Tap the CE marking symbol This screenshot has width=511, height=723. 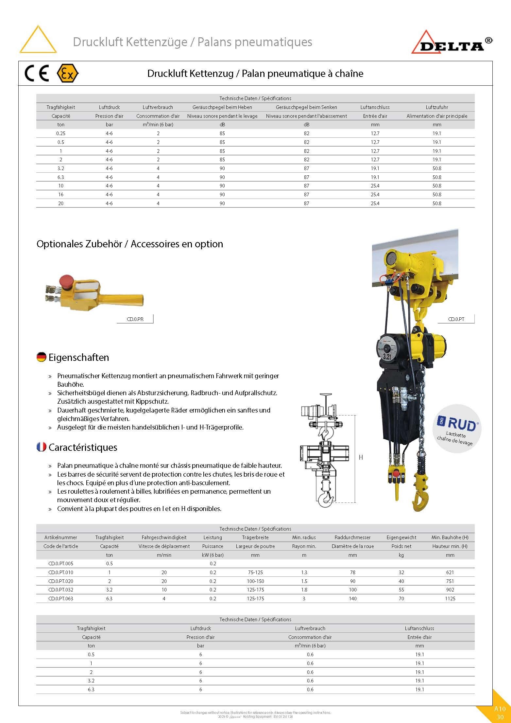pyautogui.click(x=37, y=73)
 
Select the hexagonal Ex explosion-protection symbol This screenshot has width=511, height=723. pyautogui.click(x=67, y=73)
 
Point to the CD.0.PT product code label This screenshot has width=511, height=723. pyautogui.click(x=456, y=319)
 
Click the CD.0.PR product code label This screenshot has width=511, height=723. pyautogui.click(x=135, y=319)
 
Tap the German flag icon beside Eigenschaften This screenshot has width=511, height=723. pyautogui.click(x=41, y=357)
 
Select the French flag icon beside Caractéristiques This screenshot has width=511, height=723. pyautogui.click(x=41, y=447)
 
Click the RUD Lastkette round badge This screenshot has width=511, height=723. pyautogui.click(x=457, y=429)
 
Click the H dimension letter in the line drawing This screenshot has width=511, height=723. pyautogui.click(x=361, y=457)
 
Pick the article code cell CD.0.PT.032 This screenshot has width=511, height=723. pyautogui.click(x=61, y=590)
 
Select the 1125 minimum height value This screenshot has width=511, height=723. pyautogui.click(x=450, y=598)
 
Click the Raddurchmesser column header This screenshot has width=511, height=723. pyautogui.click(x=352, y=537)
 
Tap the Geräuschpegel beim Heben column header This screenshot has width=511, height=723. pyautogui.click(x=222, y=107)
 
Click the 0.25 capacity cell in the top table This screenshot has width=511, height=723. pyautogui.click(x=61, y=133)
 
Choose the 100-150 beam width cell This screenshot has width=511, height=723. pyautogui.click(x=255, y=581)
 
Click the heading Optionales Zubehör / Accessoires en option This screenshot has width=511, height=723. pyautogui.click(x=130, y=244)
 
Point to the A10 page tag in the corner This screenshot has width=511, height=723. pyautogui.click(x=500, y=709)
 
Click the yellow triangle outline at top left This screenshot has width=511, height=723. pyautogui.click(x=38, y=40)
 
